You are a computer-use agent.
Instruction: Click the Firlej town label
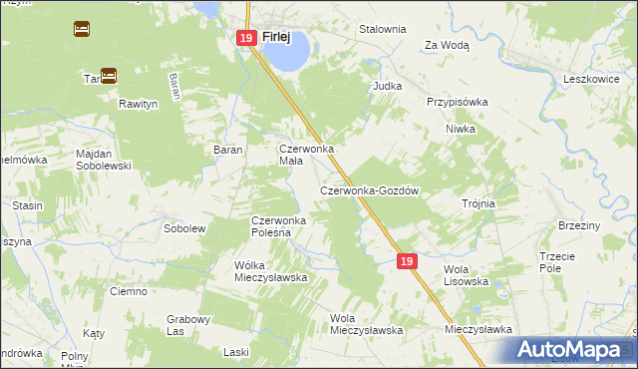point(276,37)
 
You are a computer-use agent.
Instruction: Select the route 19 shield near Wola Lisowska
point(406,260)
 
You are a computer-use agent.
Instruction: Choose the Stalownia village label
point(383,29)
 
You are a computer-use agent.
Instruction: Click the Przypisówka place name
point(457,102)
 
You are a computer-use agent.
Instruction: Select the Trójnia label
point(478,203)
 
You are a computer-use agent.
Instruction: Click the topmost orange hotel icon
point(81,29)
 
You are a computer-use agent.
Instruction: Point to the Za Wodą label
point(447,45)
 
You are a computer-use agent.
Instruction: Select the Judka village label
point(387,86)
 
